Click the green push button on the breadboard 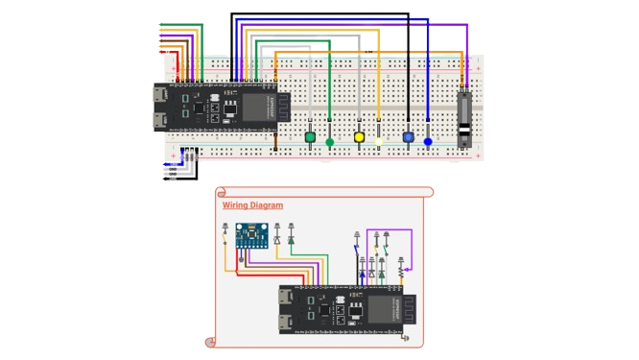310,137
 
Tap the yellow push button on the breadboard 360,137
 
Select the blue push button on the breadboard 409,137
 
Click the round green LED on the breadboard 330,142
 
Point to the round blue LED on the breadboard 428,142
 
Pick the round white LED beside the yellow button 379,142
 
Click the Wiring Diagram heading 252,205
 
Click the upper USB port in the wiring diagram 286,299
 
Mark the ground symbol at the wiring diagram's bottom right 404,338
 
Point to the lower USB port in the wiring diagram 286,323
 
